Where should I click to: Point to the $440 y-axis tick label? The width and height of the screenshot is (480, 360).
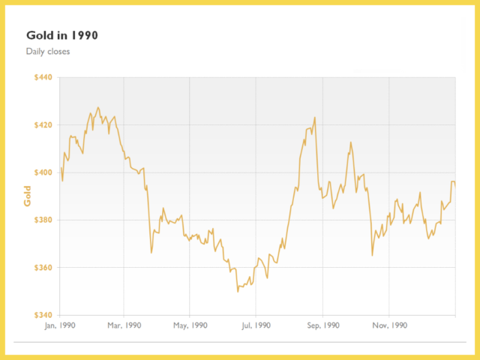[x=45, y=77]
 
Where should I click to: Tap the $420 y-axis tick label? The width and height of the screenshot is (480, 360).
[x=45, y=124]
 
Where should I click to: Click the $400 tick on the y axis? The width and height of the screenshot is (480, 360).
[x=45, y=172]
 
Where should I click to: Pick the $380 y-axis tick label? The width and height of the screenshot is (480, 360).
[x=45, y=220]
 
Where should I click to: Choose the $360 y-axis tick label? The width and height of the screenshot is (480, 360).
[x=45, y=268]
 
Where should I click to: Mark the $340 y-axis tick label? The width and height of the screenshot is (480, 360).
[x=45, y=315]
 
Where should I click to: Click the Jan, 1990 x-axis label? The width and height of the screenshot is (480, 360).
[x=59, y=325]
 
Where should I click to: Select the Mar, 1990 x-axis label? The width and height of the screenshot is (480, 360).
[x=124, y=325]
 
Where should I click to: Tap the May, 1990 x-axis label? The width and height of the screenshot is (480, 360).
[x=190, y=325]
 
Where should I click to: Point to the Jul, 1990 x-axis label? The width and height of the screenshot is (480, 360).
[x=256, y=325]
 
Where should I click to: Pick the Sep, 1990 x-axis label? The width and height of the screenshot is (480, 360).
[x=322, y=325]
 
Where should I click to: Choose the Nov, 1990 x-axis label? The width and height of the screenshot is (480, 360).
[x=388, y=325]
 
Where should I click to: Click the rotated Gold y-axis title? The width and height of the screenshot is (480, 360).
[x=28, y=196]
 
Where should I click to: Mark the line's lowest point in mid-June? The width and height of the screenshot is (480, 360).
[x=238, y=291]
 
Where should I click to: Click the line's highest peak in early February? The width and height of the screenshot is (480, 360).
[x=97, y=107]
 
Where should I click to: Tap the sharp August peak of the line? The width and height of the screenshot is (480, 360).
[x=315, y=117]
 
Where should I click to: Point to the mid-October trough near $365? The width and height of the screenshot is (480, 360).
[x=373, y=256]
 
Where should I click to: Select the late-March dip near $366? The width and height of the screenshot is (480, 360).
[x=151, y=253]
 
